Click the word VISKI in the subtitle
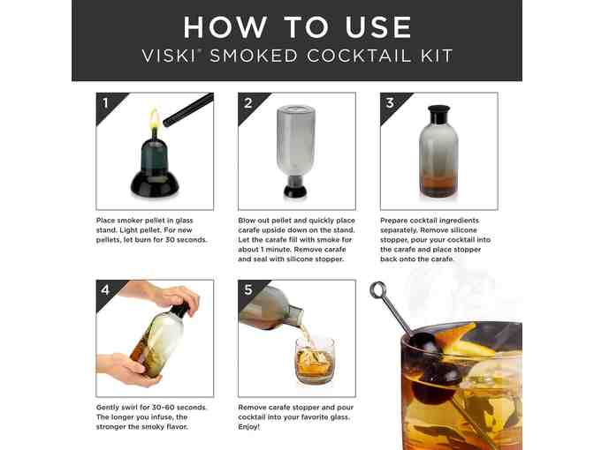point(169,56)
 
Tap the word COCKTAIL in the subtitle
point(358,56)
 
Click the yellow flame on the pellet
point(154,119)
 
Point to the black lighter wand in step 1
point(188,110)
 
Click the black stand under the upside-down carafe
point(295,188)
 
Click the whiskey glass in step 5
point(315,361)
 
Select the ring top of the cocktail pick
point(378,290)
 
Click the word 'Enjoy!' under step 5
point(249,427)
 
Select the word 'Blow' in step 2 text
point(247,220)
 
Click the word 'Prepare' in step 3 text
point(394,221)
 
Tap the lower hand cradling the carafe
point(128,370)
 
